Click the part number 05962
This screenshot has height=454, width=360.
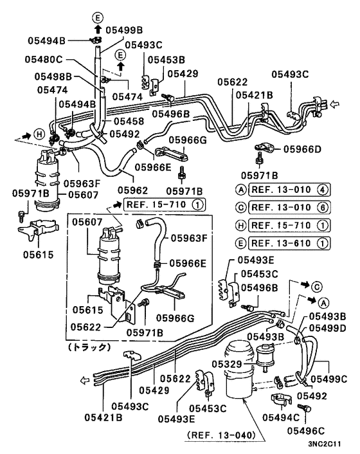133,190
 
